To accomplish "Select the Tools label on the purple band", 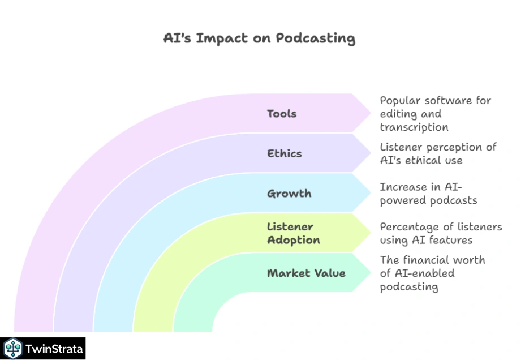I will [282, 114].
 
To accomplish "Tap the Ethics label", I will [285, 153].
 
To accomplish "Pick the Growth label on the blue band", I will [289, 194].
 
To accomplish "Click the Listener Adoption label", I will [293, 233].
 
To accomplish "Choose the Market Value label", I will [306, 273].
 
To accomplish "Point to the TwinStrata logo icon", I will [12, 349].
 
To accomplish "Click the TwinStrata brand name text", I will [54, 349].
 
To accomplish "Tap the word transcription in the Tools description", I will [414, 127].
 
